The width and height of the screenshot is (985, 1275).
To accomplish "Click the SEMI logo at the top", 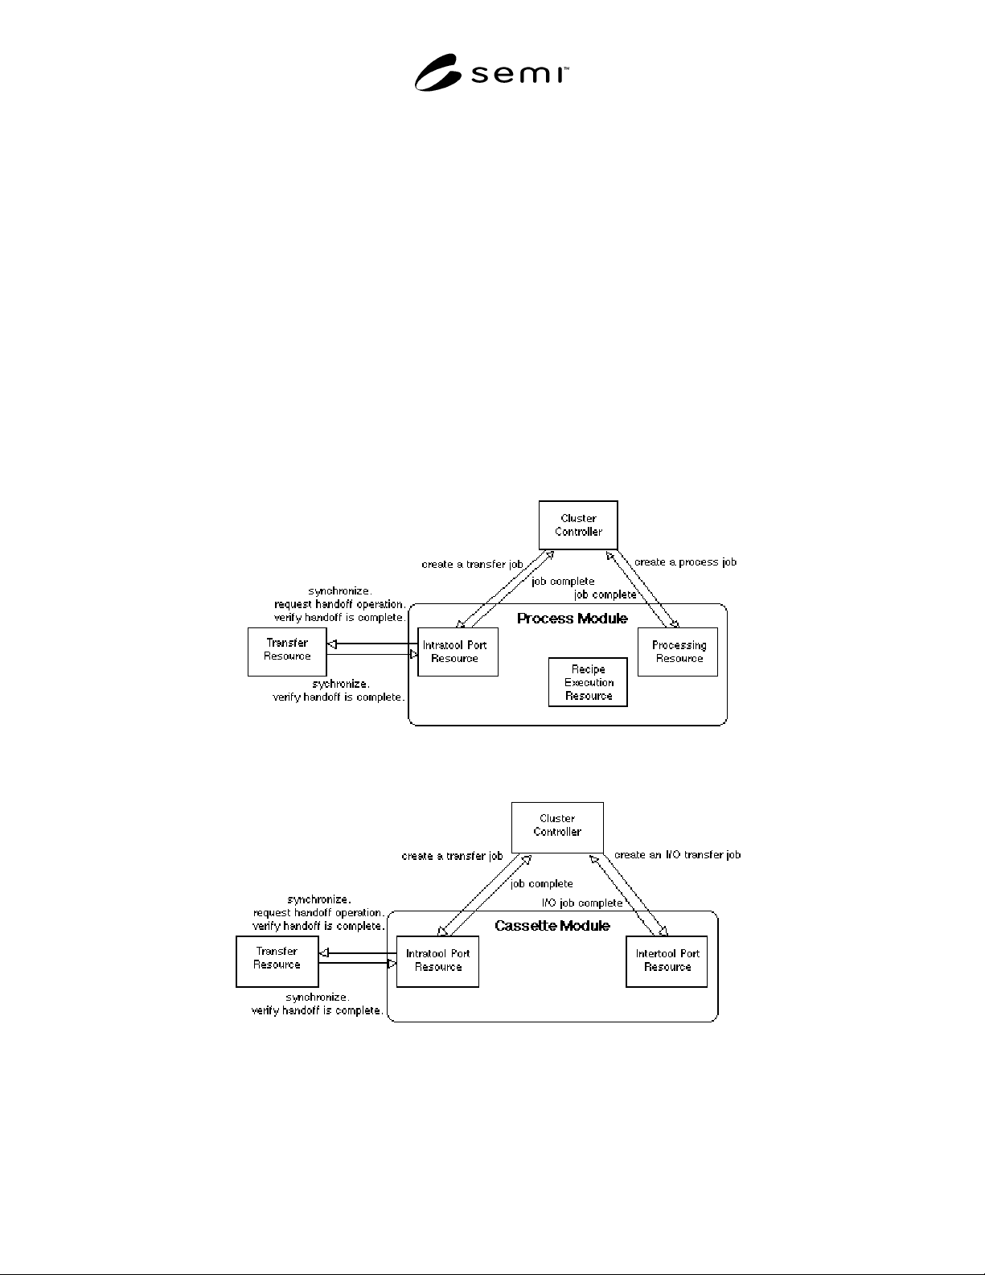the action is click(x=491, y=72).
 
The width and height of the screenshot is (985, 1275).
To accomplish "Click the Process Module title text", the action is click(x=573, y=619).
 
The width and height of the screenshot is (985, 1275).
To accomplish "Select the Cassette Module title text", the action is click(x=552, y=926).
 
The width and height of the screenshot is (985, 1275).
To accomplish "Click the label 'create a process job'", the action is click(x=685, y=562).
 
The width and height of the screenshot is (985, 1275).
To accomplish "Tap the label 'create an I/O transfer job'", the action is click(x=677, y=855).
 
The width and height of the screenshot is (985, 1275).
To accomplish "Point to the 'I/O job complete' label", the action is click(x=582, y=903).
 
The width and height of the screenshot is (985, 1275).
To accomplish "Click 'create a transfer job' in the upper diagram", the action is click(x=472, y=565).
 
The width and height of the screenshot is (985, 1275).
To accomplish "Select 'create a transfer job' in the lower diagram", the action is click(x=452, y=856).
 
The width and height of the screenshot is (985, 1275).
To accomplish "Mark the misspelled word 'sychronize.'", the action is click(x=340, y=684).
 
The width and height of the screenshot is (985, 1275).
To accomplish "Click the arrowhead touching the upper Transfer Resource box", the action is click(x=332, y=644).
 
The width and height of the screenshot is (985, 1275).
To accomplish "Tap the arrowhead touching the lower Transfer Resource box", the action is click(x=323, y=953).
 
